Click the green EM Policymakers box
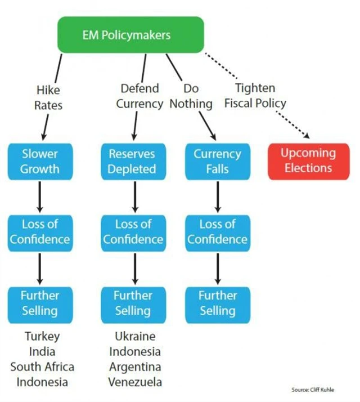point(130,35)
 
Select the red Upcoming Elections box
point(308,160)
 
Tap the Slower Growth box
point(40,161)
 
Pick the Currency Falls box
point(217,161)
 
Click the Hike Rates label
point(48,97)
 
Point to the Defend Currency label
point(139,96)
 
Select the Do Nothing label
point(191,96)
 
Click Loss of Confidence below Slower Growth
point(40,231)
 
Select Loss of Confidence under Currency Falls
point(217,231)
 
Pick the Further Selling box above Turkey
point(40,302)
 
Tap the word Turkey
point(42,337)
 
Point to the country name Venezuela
point(135,382)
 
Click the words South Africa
point(42,367)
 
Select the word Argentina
point(135,367)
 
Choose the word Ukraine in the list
point(135,337)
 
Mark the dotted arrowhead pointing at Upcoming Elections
point(307,135)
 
